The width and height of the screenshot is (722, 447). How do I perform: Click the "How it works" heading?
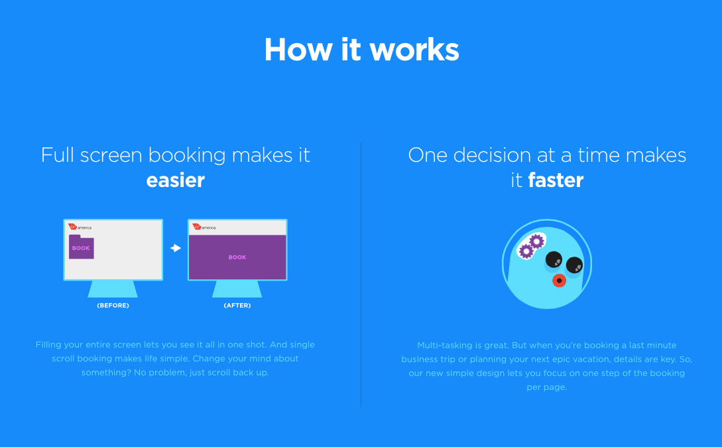(361, 49)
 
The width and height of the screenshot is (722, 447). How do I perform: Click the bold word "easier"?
(176, 180)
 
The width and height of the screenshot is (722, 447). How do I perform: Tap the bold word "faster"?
(556, 180)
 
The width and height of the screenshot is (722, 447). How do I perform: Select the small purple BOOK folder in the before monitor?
(82, 247)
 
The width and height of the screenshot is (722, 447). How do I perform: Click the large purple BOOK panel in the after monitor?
(237, 257)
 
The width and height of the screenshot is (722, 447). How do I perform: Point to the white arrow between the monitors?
(176, 248)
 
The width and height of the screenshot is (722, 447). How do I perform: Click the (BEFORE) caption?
(113, 306)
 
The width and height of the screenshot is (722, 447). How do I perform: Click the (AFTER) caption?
(237, 306)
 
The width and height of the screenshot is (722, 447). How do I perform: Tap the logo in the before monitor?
(80, 227)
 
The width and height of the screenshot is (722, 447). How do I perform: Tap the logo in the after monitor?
(204, 227)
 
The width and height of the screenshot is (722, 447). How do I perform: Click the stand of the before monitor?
(113, 289)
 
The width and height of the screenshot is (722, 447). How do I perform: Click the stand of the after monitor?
(237, 289)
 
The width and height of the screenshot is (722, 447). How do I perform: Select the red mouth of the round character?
(559, 281)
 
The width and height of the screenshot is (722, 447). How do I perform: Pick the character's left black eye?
(554, 260)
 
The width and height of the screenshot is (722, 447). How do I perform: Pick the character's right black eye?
(574, 265)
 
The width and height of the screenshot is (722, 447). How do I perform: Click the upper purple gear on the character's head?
(536, 241)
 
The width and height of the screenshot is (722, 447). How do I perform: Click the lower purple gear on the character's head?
(525, 251)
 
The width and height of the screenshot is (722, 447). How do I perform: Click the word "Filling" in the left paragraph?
(48, 345)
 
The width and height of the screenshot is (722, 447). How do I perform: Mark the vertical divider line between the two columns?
(361, 274)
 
